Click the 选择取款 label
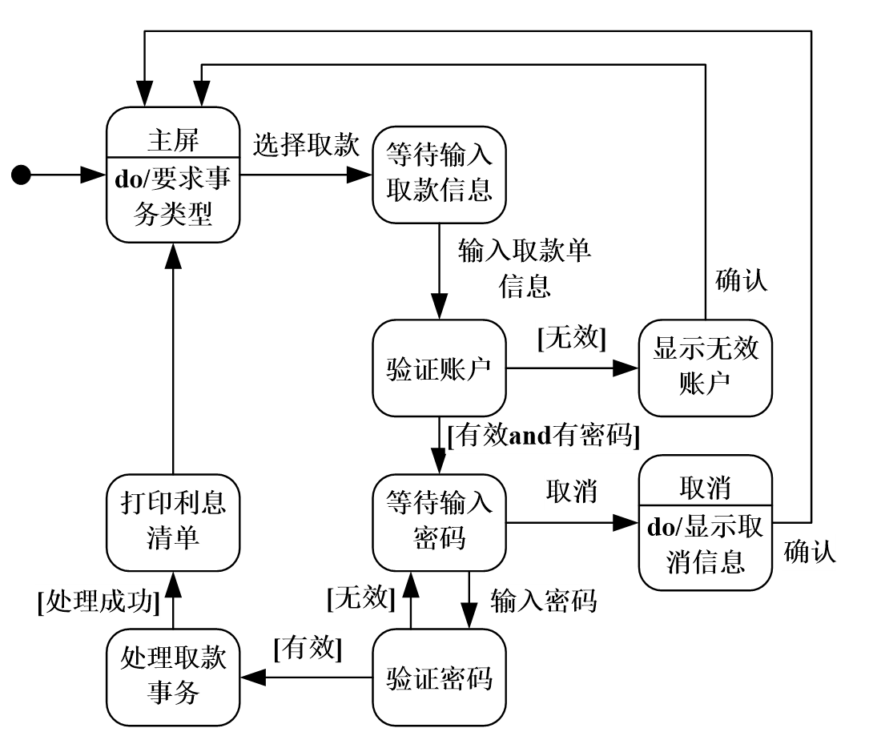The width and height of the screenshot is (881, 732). click(305, 146)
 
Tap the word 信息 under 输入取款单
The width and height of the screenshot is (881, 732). click(525, 286)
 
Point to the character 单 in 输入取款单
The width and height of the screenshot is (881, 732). click(578, 251)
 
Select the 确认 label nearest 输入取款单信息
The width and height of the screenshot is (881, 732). click(741, 281)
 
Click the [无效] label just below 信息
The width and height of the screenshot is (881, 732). click(571, 338)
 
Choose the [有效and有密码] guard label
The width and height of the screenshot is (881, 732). click(543, 436)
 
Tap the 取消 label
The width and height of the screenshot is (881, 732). click(571, 493)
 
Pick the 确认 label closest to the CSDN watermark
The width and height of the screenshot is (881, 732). click(809, 553)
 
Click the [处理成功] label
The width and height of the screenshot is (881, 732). click(98, 601)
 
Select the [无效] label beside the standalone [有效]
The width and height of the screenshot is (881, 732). click(360, 598)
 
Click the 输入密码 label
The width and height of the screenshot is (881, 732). click(543, 601)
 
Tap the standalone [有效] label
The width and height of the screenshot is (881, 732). click(308, 648)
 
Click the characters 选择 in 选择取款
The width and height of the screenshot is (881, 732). click(279, 146)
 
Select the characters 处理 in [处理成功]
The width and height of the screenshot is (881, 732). click(72, 601)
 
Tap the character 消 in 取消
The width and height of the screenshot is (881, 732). click(584, 493)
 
